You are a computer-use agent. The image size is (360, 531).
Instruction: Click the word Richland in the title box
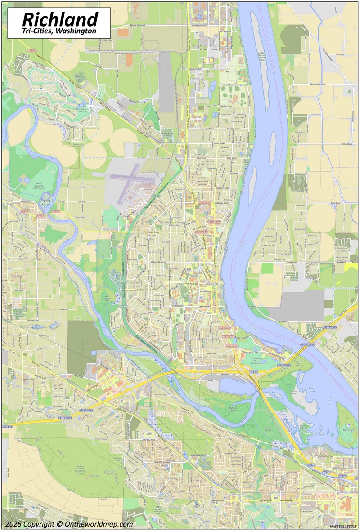point(60,19)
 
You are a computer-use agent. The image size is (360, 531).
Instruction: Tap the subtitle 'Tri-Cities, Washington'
point(59,31)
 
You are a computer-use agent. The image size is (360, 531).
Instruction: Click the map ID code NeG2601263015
point(343,526)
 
